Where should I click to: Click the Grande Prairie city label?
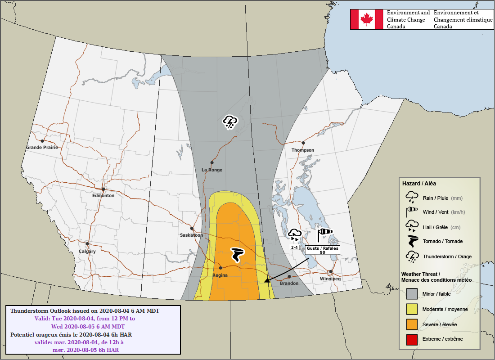tap(42, 148)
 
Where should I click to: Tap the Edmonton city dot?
tap(103, 189)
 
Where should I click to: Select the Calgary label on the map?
tap(87, 252)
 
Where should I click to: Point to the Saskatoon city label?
tap(191, 235)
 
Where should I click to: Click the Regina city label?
tap(220, 275)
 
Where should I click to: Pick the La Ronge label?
tap(211, 170)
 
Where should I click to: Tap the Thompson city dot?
tap(303, 143)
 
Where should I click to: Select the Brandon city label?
tap(289, 283)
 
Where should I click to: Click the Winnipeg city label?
tap(330, 279)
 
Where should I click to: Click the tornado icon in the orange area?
tap(237, 255)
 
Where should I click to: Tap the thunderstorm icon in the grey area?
tap(230, 122)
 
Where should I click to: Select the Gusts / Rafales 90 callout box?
tap(323, 250)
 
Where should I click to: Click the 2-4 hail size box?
tap(295, 247)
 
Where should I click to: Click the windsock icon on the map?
tap(324, 234)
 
